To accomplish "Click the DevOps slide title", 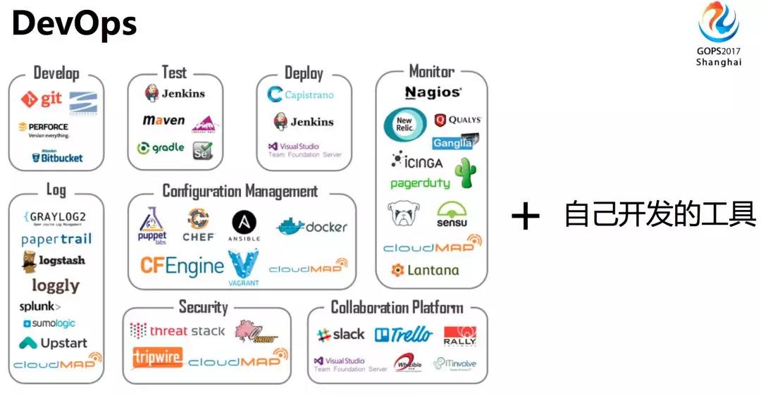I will click(x=74, y=25).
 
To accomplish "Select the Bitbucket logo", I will click(x=57, y=157).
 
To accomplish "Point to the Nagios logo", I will click(x=433, y=92).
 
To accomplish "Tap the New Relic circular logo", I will click(x=404, y=125).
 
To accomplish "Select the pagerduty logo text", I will click(x=420, y=183).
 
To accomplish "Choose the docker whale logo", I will click(x=311, y=227).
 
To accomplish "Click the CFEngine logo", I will click(x=182, y=265).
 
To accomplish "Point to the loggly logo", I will click(x=56, y=285).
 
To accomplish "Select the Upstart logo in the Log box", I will click(x=54, y=343).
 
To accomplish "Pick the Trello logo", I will click(x=403, y=335).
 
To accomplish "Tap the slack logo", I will click(x=341, y=335).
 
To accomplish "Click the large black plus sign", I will click(x=525, y=216).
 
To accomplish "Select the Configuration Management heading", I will click(x=240, y=191).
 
